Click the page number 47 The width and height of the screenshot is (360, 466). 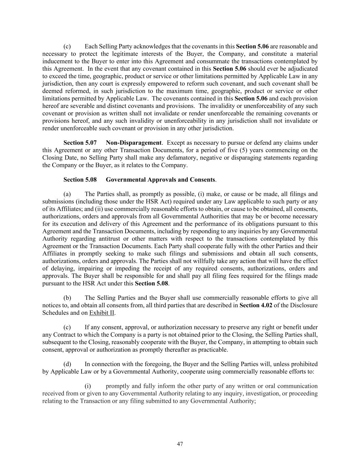click(x=180, y=444)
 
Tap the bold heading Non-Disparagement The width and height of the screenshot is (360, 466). click(x=133, y=143)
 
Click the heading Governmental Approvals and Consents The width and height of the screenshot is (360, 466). click(x=160, y=180)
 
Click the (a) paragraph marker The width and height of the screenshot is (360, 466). click(x=67, y=194)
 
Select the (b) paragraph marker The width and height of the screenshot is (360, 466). click(x=67, y=298)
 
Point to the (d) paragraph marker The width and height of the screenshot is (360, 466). click(x=67, y=364)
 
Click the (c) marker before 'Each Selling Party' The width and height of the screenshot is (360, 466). click(x=67, y=46)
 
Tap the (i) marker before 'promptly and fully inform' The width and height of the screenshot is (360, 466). click(x=88, y=386)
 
